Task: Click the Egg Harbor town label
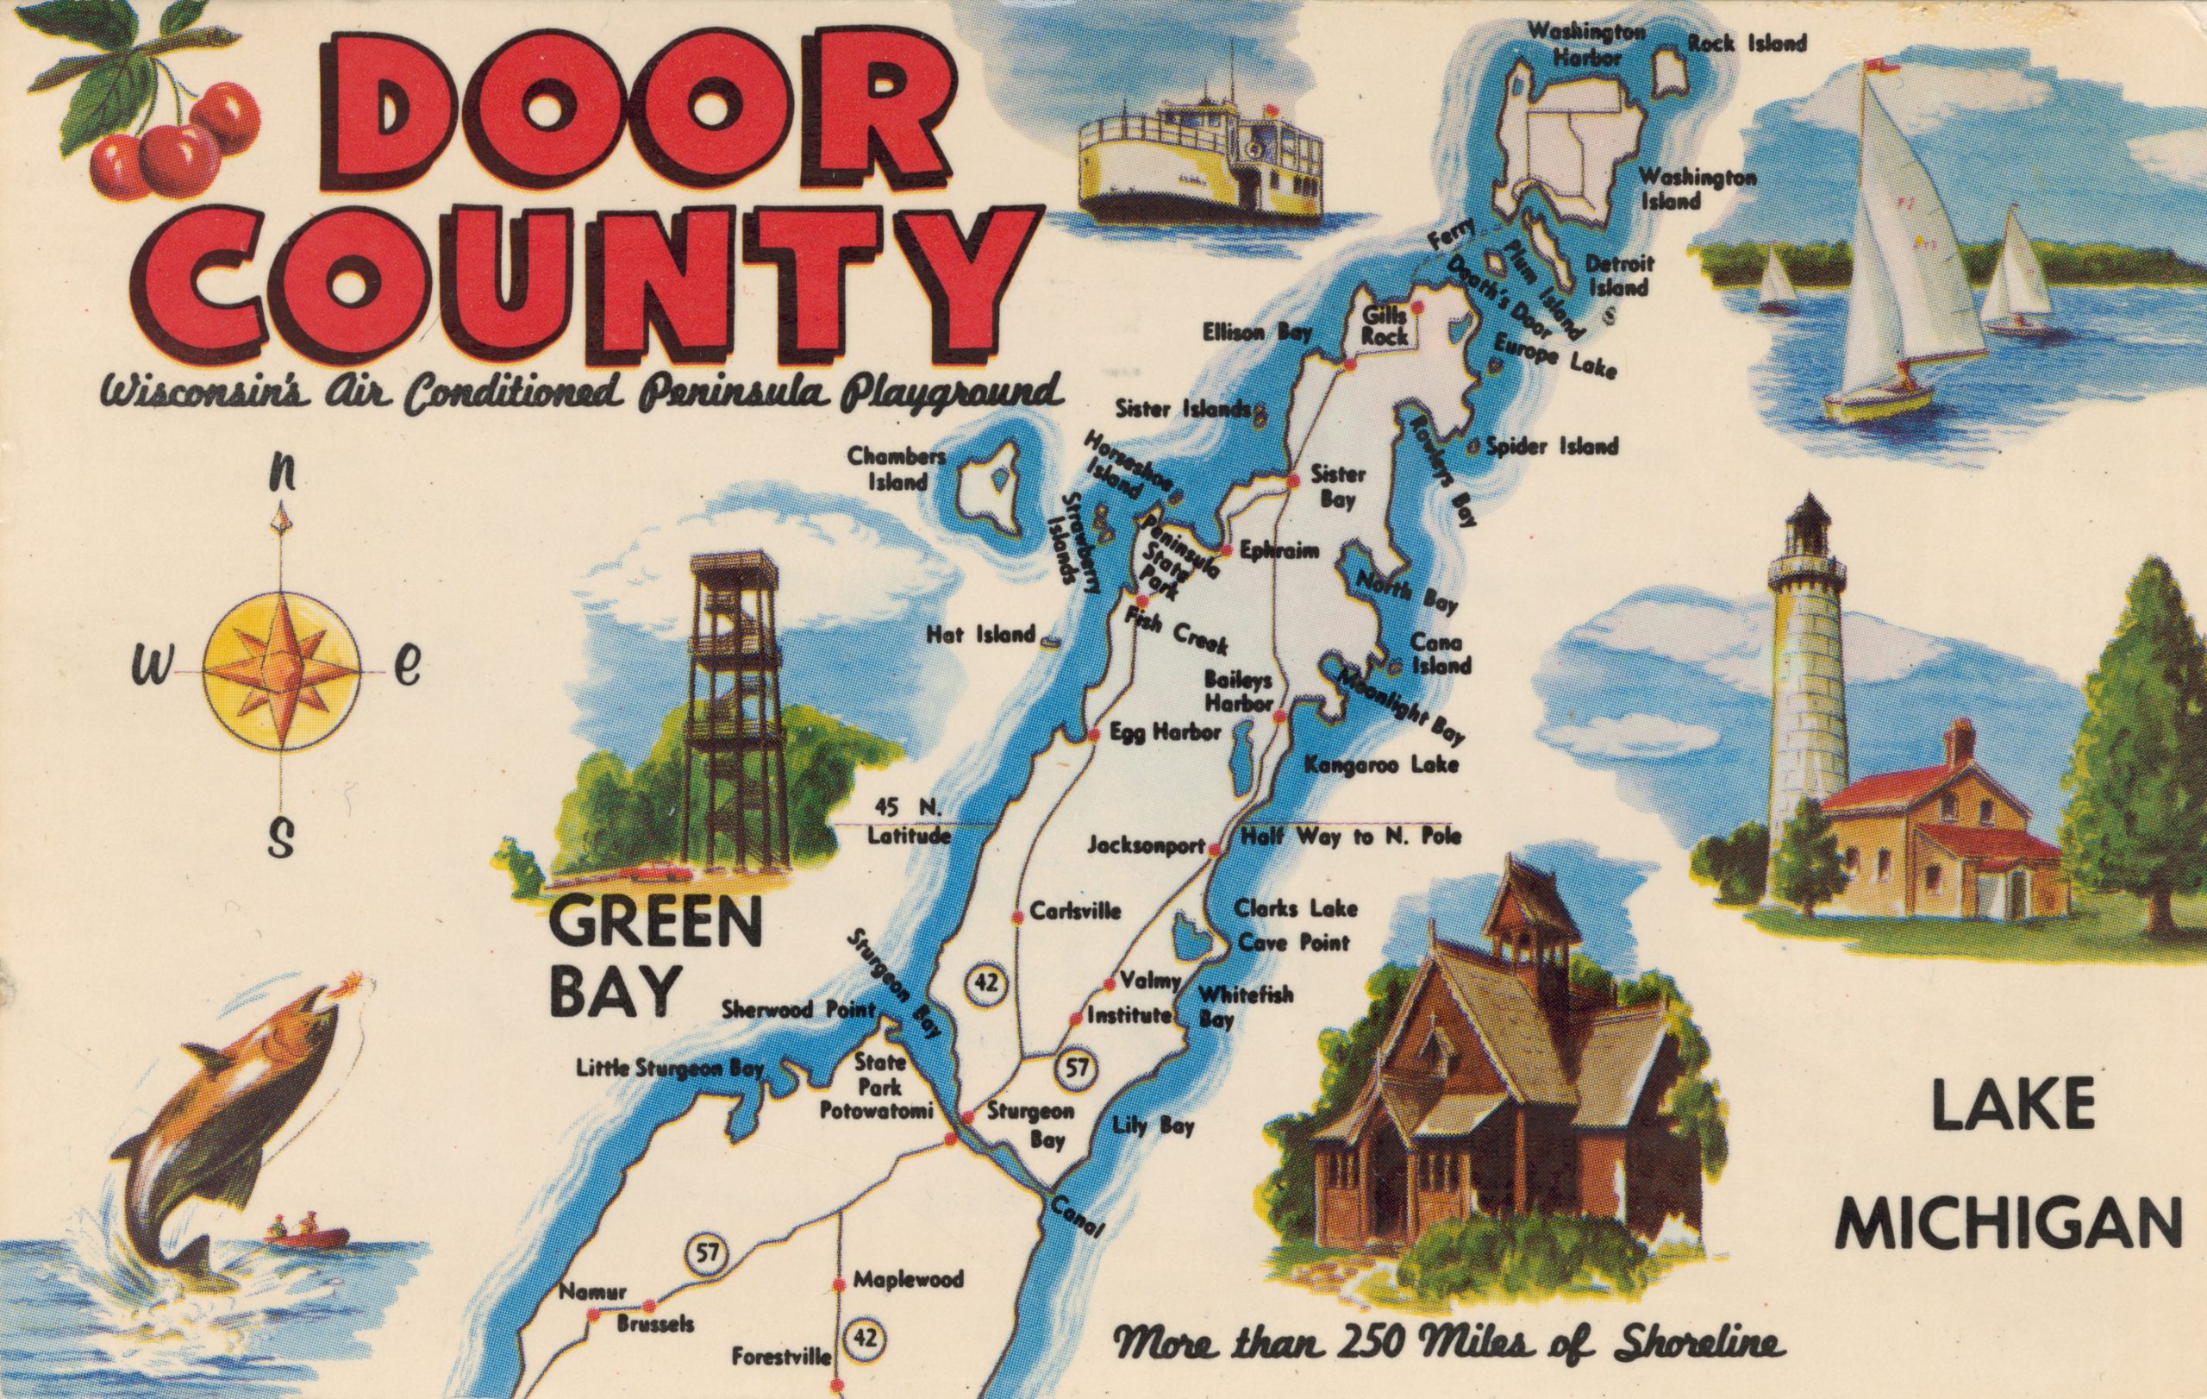tap(1165, 732)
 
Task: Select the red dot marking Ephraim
tap(1225, 552)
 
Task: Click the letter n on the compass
tap(284, 475)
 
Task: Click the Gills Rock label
tap(1384, 325)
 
